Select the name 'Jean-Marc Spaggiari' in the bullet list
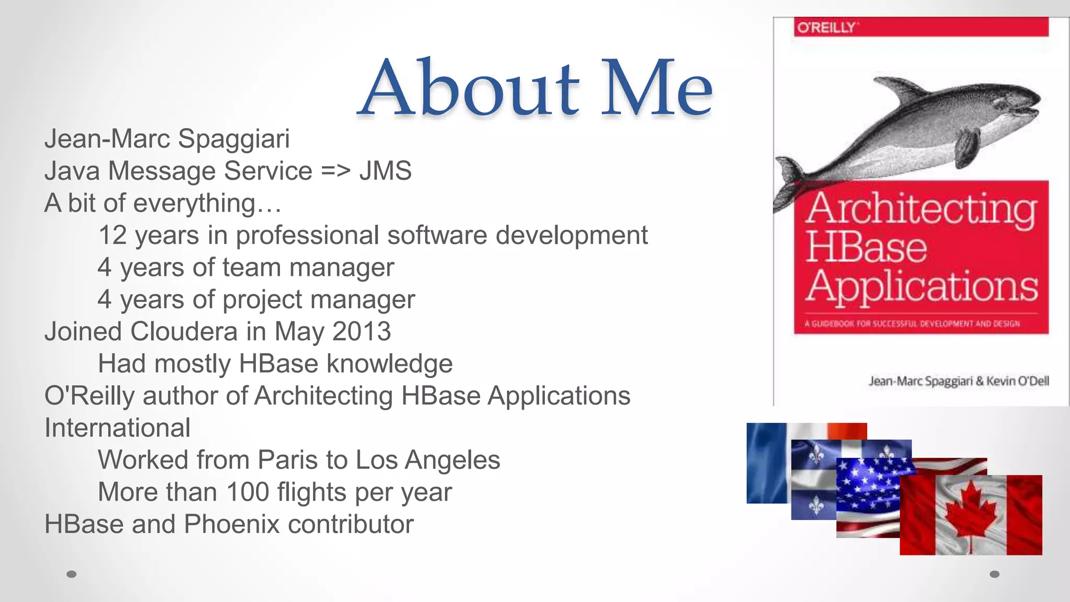(x=167, y=139)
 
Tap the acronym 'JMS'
(x=385, y=171)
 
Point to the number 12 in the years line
(x=112, y=235)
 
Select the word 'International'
(x=117, y=428)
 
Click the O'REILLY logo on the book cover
(x=826, y=27)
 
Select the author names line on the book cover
(x=958, y=381)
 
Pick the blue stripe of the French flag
(x=766, y=462)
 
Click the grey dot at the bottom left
(x=72, y=574)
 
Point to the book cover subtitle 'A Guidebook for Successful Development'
(x=912, y=324)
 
